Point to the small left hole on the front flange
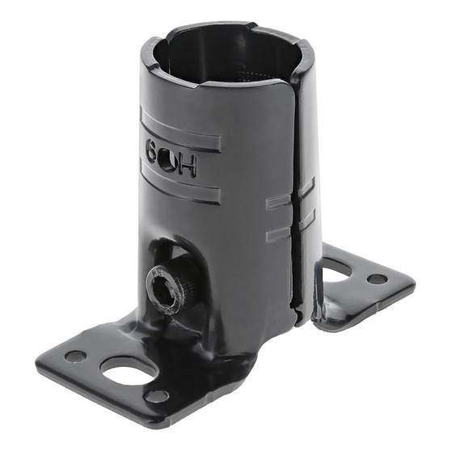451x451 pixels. coord(74,355)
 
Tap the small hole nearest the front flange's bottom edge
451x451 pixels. coord(157,396)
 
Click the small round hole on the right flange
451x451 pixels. coord(377,279)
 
